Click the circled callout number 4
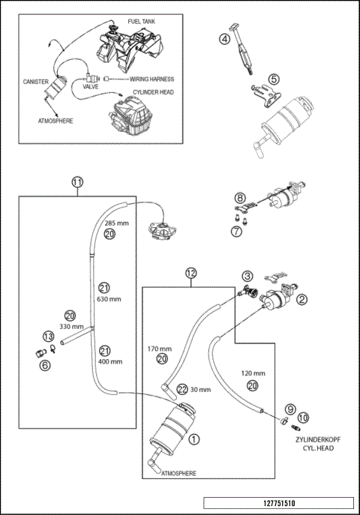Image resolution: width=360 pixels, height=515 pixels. pyautogui.click(x=224, y=40)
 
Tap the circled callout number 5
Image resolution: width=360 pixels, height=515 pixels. pyautogui.click(x=274, y=79)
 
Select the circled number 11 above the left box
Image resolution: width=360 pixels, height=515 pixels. pyautogui.click(x=77, y=182)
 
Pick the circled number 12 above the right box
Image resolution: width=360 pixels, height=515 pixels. pyautogui.click(x=191, y=273)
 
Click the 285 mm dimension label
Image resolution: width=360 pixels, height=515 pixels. pyautogui.click(x=116, y=223)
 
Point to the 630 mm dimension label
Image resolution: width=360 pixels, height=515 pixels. pyautogui.click(x=109, y=299)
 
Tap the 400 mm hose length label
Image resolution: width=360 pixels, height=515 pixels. pyautogui.click(x=110, y=361)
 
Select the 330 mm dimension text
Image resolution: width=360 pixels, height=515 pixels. pyautogui.click(x=71, y=327)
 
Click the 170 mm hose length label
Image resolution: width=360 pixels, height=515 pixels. pyautogui.click(x=159, y=349)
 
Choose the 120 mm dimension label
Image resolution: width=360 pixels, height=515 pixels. pyautogui.click(x=253, y=373)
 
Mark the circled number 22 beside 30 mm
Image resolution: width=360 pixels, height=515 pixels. pyautogui.click(x=182, y=390)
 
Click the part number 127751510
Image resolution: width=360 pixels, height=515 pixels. pyautogui.click(x=279, y=503)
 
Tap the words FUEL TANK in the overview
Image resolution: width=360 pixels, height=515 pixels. pyautogui.click(x=142, y=22)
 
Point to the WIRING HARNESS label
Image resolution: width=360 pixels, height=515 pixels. pyautogui.click(x=152, y=79)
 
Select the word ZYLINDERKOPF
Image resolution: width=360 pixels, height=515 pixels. pyautogui.click(x=318, y=439)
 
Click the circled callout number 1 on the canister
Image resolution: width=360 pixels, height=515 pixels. pyautogui.click(x=193, y=439)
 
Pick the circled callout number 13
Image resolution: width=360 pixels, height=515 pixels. pyautogui.click(x=48, y=337)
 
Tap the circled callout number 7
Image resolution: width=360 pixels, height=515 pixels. pyautogui.click(x=236, y=231)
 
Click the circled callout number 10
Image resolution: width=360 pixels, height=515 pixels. pyautogui.click(x=303, y=418)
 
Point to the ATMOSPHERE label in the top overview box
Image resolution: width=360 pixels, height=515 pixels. pyautogui.click(x=55, y=121)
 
